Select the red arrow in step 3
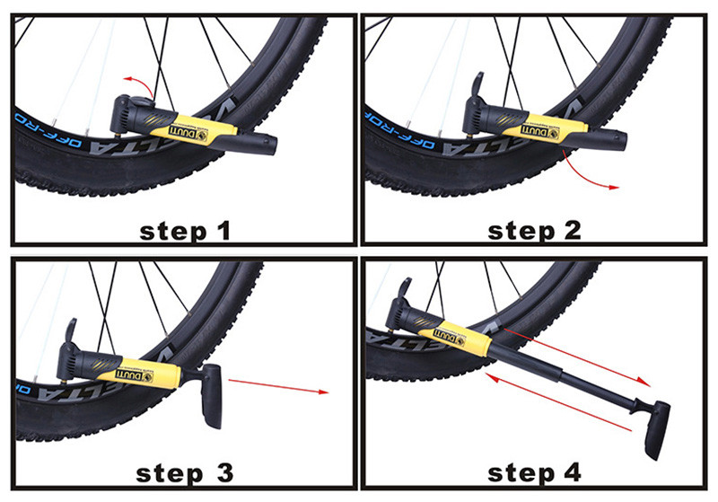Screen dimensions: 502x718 click(278, 386)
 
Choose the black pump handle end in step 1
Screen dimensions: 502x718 click(255, 144)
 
